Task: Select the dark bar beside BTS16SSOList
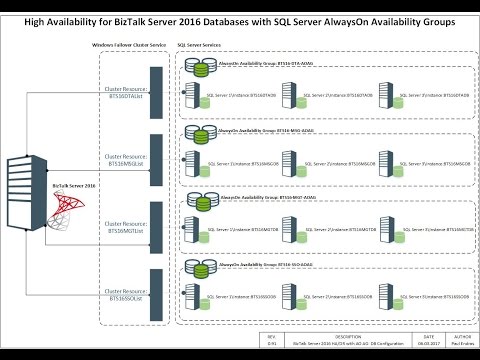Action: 156,296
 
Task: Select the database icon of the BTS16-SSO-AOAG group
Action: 198,268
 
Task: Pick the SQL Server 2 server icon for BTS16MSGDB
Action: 289,159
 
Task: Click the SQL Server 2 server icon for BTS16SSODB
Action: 289,298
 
